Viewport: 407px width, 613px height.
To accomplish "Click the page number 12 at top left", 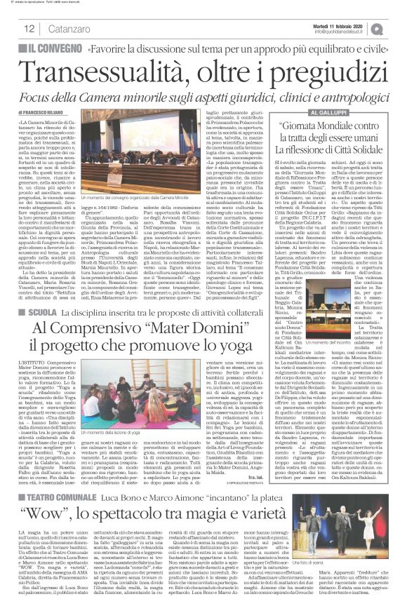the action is [30, 28].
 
